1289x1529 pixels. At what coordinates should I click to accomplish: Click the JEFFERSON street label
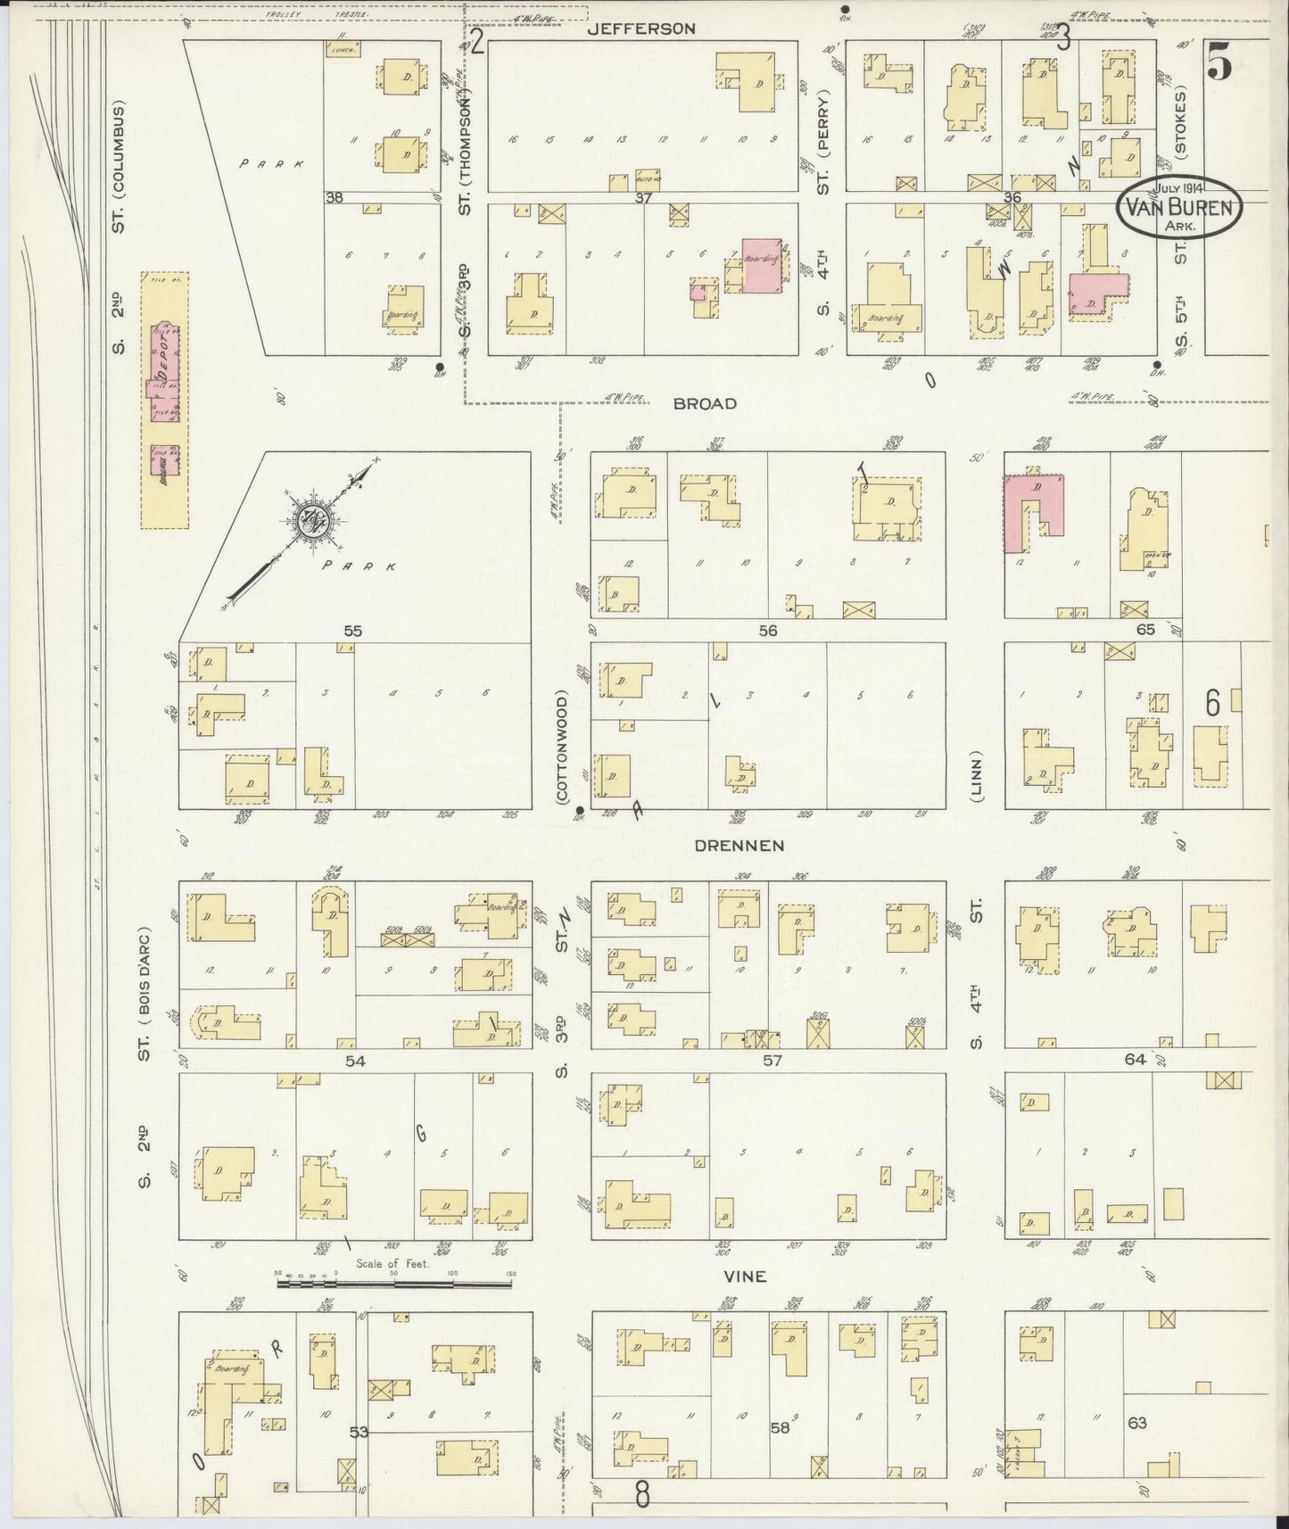point(641,29)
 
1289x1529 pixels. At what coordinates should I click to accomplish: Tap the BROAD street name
point(705,403)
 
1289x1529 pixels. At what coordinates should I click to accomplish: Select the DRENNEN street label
point(740,845)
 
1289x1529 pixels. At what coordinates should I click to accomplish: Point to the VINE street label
point(746,1277)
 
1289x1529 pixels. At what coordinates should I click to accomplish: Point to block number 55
point(353,631)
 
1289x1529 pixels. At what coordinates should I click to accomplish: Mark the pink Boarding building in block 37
point(763,264)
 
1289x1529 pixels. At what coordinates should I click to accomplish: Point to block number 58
point(780,1428)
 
